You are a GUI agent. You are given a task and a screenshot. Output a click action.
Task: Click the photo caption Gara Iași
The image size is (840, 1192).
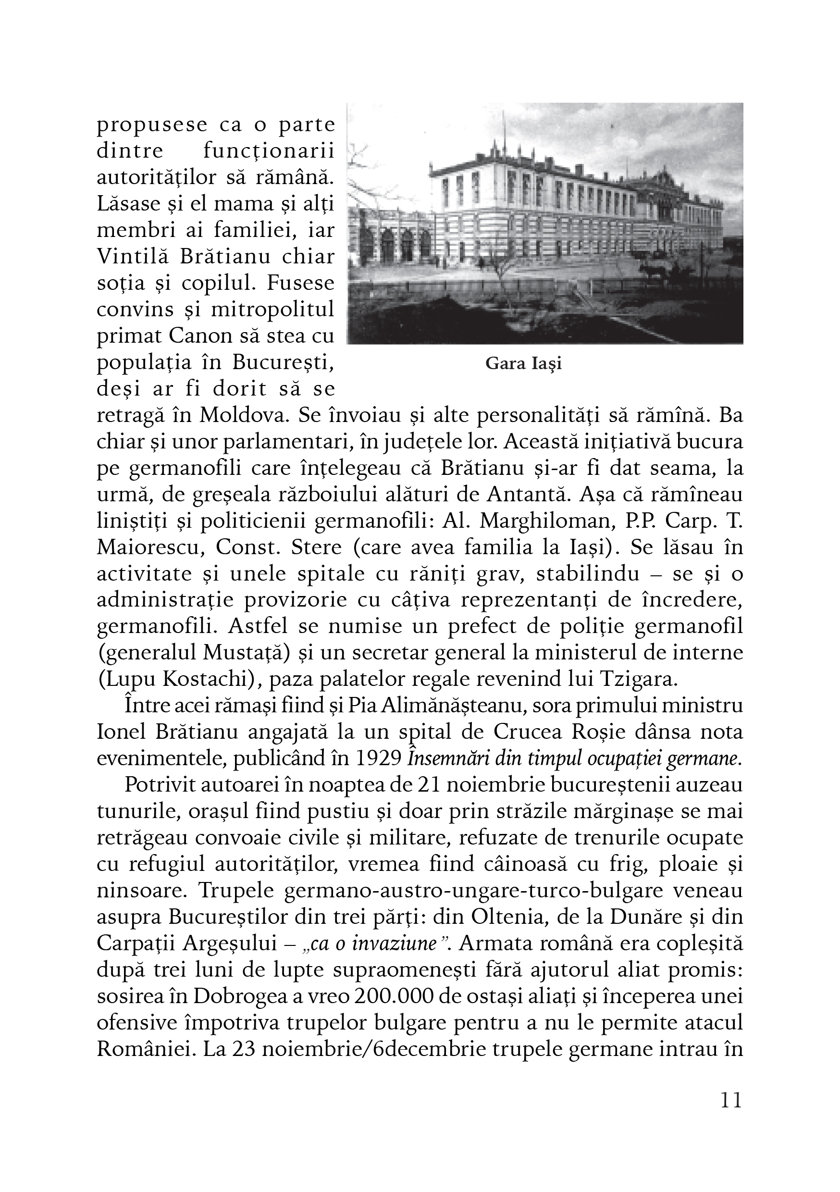[523, 364]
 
